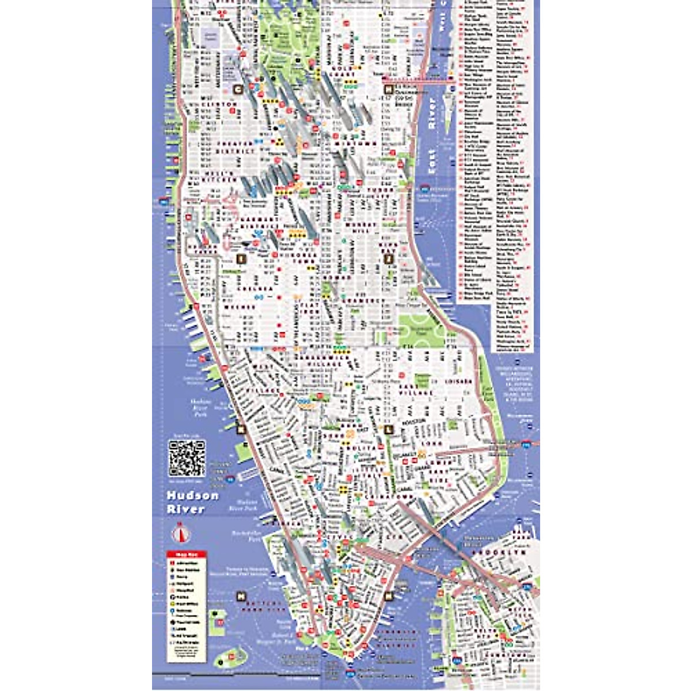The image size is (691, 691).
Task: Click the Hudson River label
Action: coord(192,502)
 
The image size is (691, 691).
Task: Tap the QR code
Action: coord(187,458)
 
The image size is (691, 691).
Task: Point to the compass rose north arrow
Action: coord(183,533)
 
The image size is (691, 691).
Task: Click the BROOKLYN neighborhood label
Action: coord(499,552)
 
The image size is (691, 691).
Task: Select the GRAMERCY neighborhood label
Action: coord(365,301)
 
